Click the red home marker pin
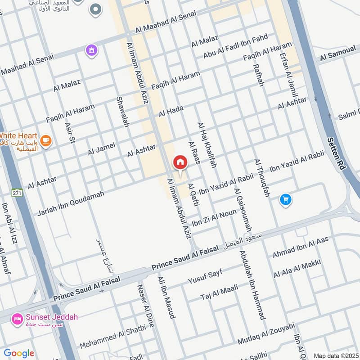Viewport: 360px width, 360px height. click(x=180, y=162)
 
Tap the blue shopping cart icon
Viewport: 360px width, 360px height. click(x=285, y=199)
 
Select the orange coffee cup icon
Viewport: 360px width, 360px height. click(x=45, y=141)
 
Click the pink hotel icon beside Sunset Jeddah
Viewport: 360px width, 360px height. click(x=18, y=318)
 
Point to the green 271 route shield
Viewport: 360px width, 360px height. click(x=17, y=193)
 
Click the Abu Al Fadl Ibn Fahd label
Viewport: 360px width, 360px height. click(x=235, y=46)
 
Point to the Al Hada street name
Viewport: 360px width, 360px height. click(x=171, y=110)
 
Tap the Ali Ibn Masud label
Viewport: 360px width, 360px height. click(x=166, y=297)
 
